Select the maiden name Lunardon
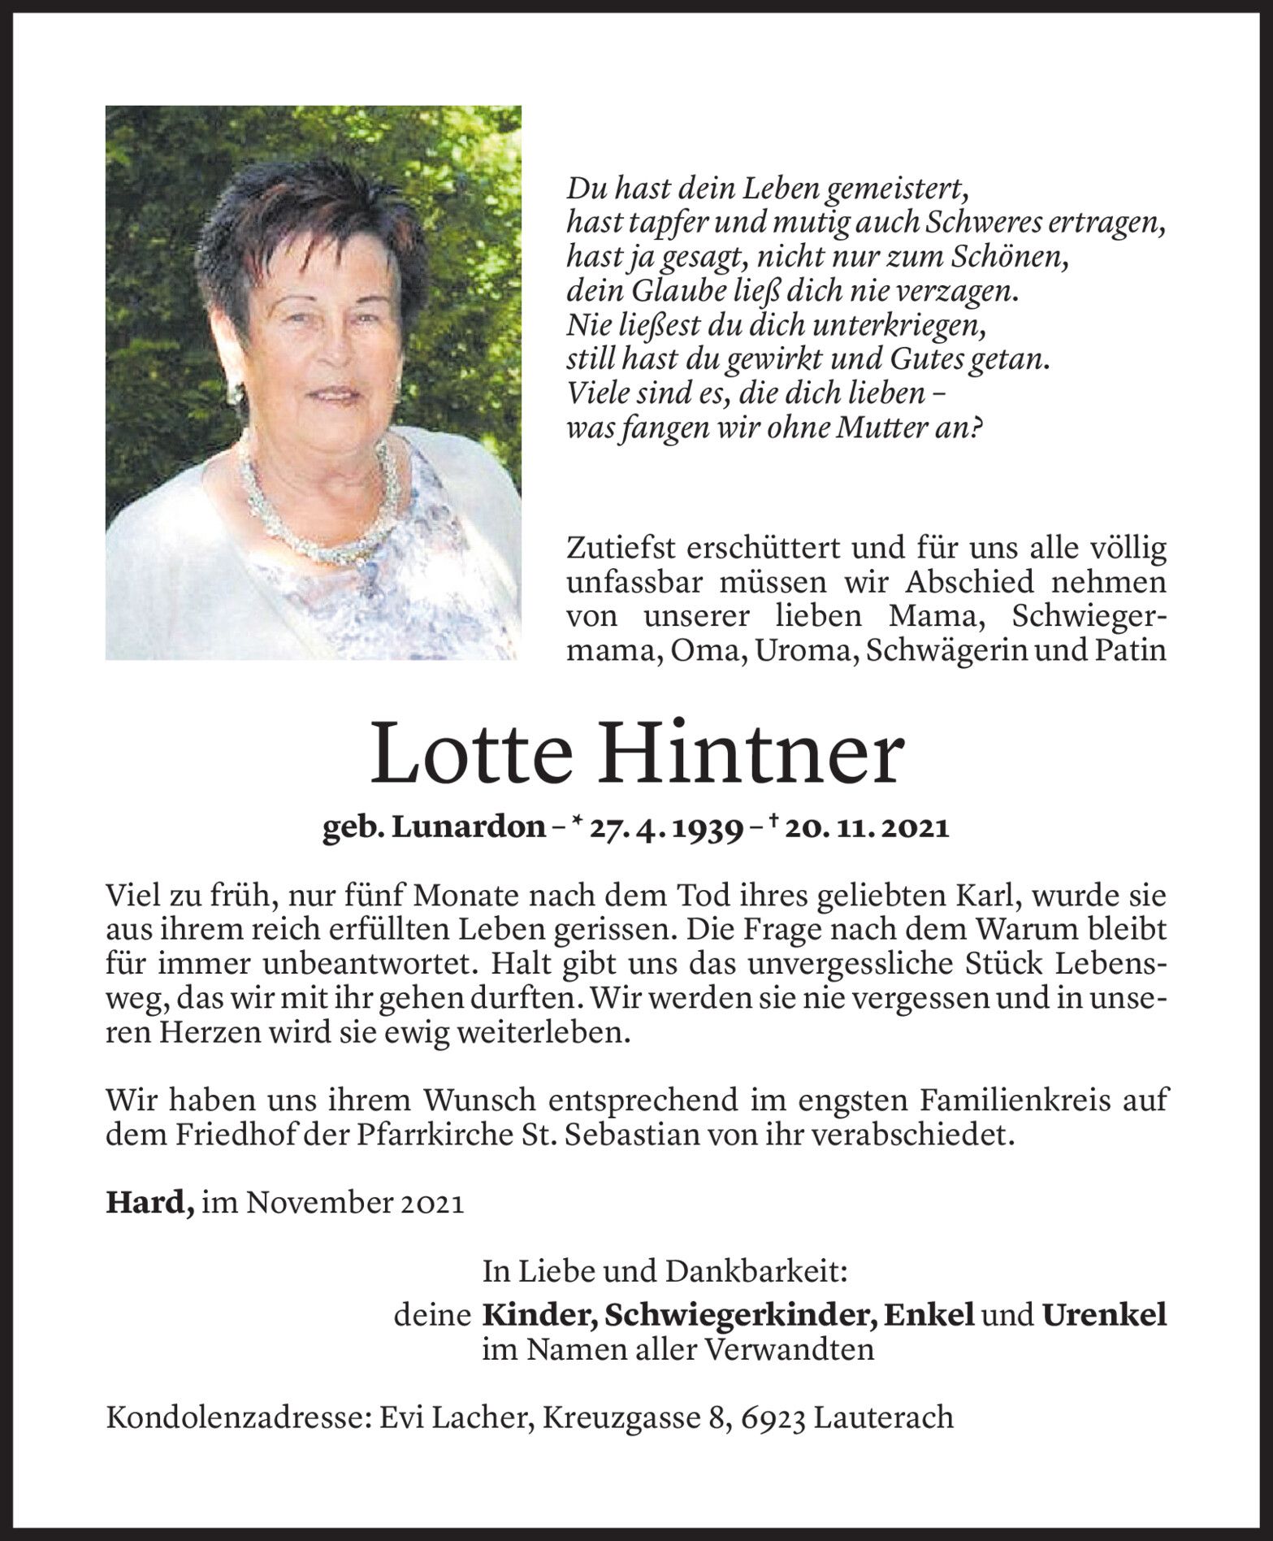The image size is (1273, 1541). (469, 828)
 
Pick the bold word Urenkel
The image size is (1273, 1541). (1105, 1314)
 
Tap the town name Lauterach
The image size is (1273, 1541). (883, 1417)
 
